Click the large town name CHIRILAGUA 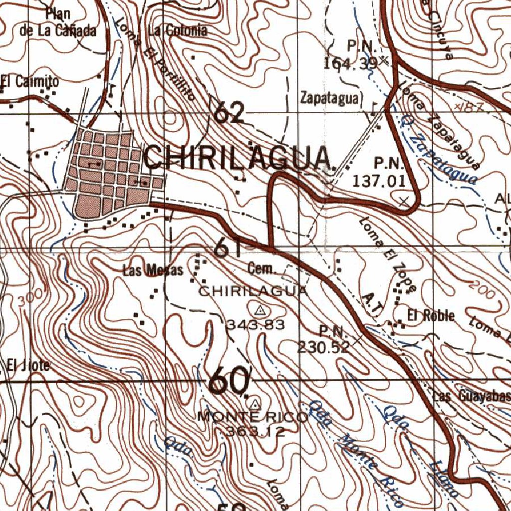point(239,159)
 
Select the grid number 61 point(229,247)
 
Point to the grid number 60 point(229,381)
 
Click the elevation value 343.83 point(256,325)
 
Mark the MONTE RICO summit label point(253,417)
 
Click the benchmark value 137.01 point(379,181)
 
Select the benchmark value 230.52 point(323,347)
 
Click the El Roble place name point(431,315)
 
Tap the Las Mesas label point(153,271)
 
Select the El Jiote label point(28,365)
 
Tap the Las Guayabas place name point(472,397)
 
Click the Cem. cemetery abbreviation point(261,270)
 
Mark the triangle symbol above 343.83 point(259,311)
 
